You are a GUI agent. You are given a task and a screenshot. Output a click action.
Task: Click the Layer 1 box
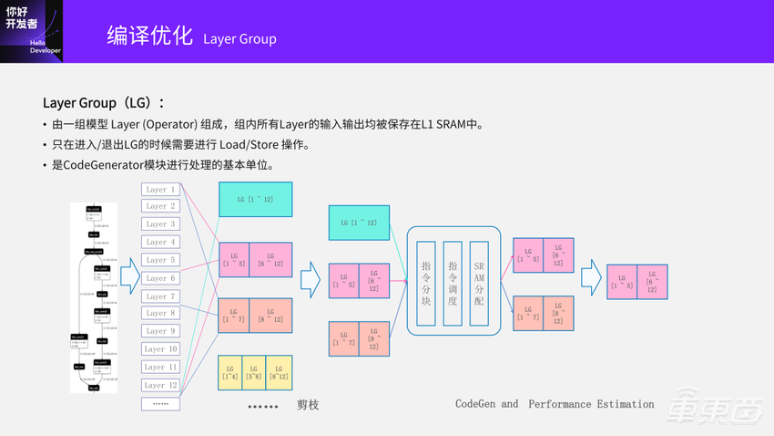coord(160,190)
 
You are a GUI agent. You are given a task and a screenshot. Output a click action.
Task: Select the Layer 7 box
coord(160,296)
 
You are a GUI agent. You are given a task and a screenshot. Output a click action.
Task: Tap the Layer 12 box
coord(160,385)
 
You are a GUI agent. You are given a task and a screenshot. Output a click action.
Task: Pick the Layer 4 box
coord(160,243)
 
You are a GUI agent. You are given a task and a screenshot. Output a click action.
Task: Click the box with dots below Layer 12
coord(160,403)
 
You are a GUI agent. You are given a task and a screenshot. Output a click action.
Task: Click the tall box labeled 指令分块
coord(426,283)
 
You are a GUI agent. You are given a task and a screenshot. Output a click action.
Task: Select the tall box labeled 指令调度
coord(453,283)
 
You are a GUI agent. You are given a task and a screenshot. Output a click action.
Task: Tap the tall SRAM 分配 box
coord(479,283)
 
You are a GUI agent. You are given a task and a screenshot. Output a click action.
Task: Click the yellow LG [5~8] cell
coord(255,373)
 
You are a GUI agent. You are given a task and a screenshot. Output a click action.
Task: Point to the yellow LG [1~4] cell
coord(230,373)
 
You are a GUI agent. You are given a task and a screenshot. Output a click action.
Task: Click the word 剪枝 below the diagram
coord(308,404)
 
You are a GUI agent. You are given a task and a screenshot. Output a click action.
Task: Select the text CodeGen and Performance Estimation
coord(555,404)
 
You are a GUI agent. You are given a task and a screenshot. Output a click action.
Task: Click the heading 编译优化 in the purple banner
coord(149,36)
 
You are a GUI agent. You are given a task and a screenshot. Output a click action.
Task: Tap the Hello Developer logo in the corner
coord(31,30)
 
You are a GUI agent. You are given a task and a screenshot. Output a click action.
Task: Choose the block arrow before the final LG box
coord(592,278)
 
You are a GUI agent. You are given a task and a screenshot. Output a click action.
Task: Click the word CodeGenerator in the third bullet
coord(103,165)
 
